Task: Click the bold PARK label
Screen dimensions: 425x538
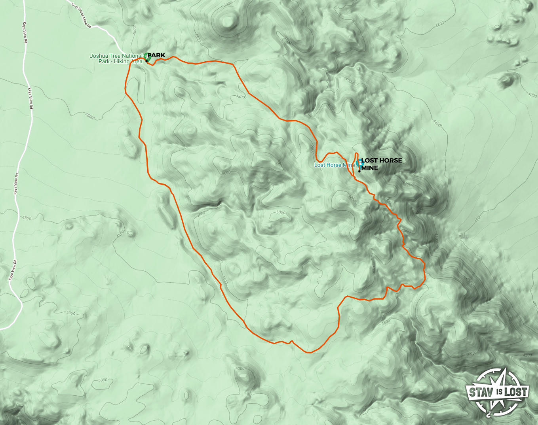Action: point(156,55)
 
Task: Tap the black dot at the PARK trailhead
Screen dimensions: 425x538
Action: point(146,61)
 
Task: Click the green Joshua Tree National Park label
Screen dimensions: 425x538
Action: point(116,59)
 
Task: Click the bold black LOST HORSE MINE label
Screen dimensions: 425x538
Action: point(381,164)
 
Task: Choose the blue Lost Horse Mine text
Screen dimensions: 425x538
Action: point(334,165)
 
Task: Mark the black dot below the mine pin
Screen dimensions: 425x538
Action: point(359,171)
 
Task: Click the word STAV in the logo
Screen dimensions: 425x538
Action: point(481,393)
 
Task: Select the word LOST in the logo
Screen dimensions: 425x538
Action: point(516,392)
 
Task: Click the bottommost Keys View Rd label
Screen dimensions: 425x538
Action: point(13,270)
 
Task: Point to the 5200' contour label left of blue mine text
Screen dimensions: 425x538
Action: point(279,165)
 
